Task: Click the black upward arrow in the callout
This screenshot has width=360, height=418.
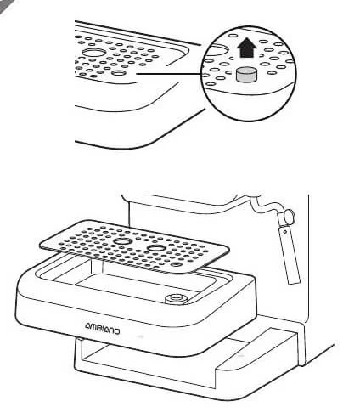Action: tap(246, 48)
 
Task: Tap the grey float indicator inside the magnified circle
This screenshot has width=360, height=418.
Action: tap(246, 75)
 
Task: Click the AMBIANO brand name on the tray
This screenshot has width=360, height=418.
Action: tap(102, 328)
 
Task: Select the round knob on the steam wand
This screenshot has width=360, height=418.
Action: tap(290, 217)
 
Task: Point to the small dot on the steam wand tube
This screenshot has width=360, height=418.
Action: tap(285, 232)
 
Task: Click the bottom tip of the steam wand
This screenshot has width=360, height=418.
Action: tap(294, 282)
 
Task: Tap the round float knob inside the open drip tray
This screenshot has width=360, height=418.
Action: tap(176, 298)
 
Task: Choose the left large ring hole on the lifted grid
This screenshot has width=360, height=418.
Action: tap(122, 241)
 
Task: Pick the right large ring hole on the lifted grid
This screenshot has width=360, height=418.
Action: tap(155, 248)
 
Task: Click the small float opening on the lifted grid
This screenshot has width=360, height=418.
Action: tap(177, 264)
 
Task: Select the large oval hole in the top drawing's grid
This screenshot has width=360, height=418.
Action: tap(93, 53)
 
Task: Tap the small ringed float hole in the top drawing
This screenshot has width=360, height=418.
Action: tap(119, 73)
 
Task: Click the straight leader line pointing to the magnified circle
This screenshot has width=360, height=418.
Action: tap(170, 74)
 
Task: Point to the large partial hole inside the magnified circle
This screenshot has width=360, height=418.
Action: tap(217, 48)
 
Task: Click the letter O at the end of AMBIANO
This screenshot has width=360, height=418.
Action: tap(115, 330)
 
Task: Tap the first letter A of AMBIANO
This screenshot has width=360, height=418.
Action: tap(88, 326)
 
